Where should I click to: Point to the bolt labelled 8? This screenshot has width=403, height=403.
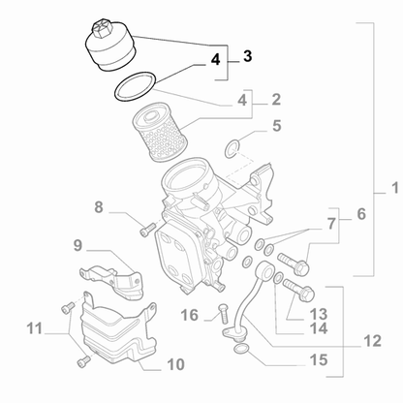coord(146,230)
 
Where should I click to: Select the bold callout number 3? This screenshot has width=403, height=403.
coord(247,56)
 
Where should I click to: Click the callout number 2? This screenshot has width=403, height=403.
coord(276,99)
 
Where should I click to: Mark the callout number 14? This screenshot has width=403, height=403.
coord(318,329)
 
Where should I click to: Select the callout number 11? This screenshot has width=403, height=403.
coord(33,329)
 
